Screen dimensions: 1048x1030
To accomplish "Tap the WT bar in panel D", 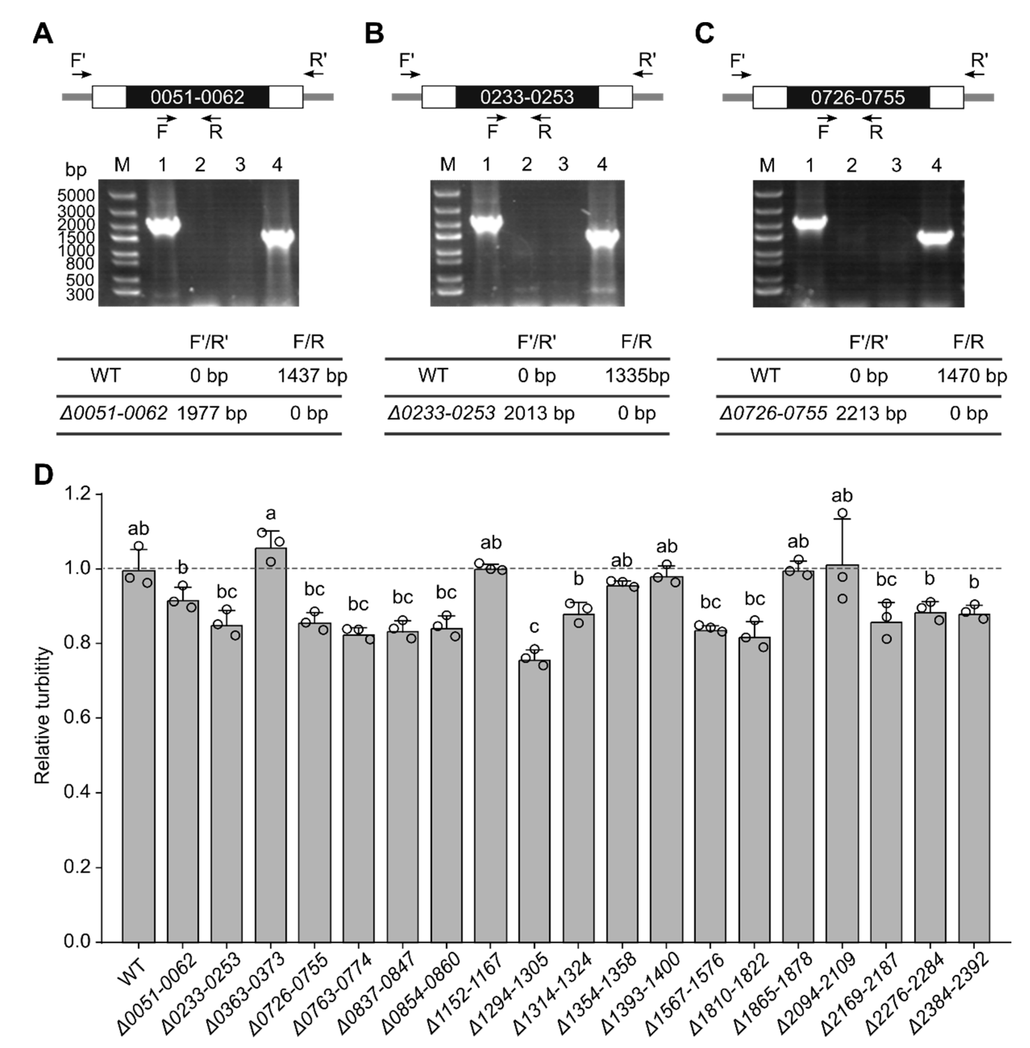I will coord(139,757).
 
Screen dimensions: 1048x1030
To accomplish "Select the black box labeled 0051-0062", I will coord(197,97).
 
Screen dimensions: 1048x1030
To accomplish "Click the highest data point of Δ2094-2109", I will coord(842,513).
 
